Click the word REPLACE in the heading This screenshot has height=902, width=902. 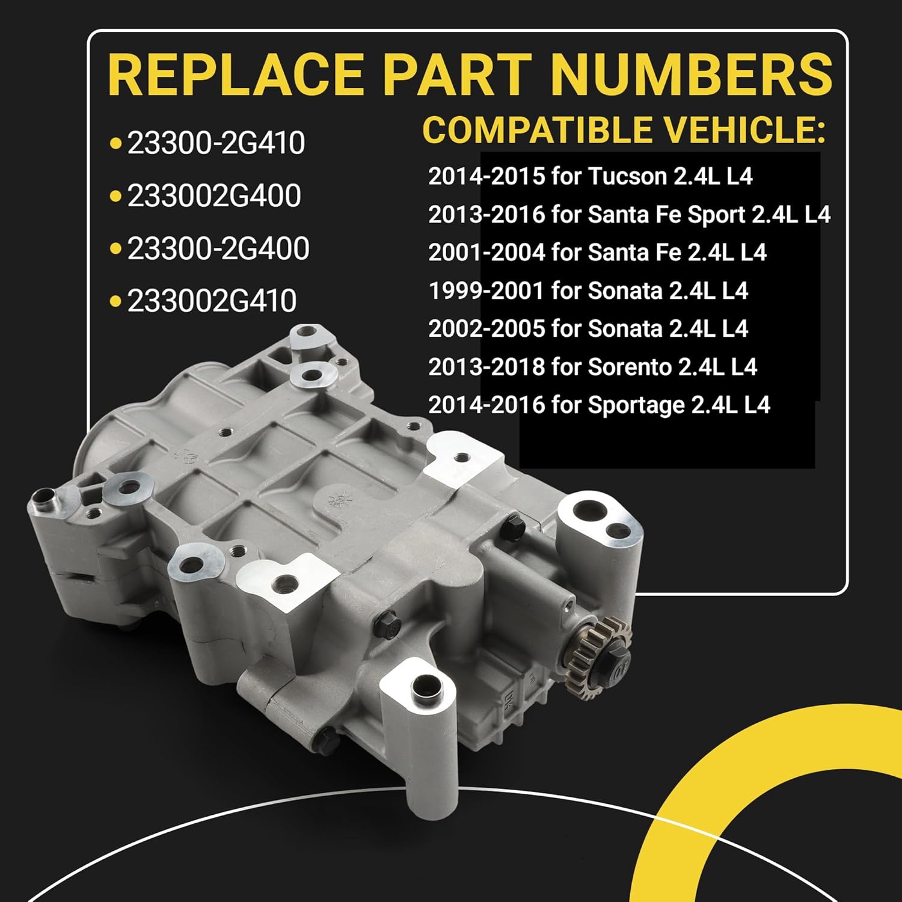coord(235,75)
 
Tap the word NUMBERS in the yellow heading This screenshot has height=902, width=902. coord(691,75)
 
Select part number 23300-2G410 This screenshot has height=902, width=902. coord(216,144)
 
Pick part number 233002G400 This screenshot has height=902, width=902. coord(213,196)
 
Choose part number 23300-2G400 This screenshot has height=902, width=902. coord(218,248)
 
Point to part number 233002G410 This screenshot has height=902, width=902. coord(212,301)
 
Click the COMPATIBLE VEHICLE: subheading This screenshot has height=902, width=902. coord(623,130)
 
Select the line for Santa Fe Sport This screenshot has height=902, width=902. coord(629,215)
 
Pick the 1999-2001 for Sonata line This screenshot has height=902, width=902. coord(588,291)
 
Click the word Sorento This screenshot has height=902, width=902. coord(629,367)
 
